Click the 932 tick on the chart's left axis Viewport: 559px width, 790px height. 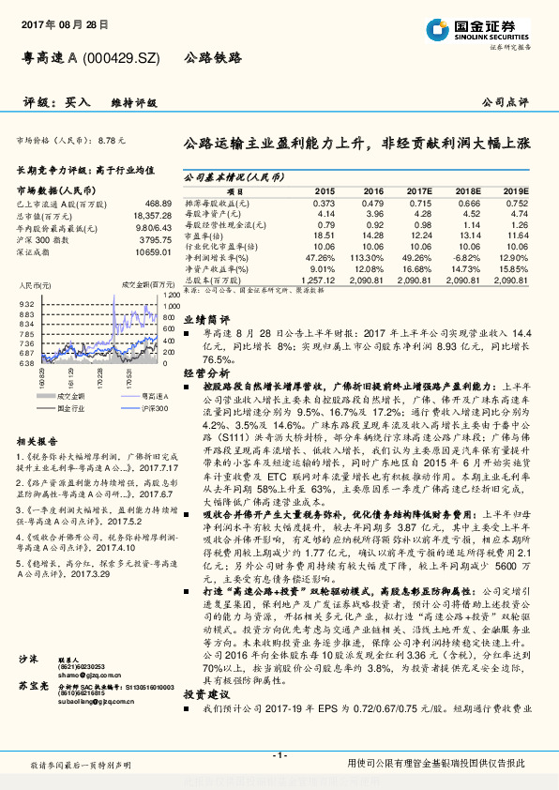[x=26, y=304]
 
